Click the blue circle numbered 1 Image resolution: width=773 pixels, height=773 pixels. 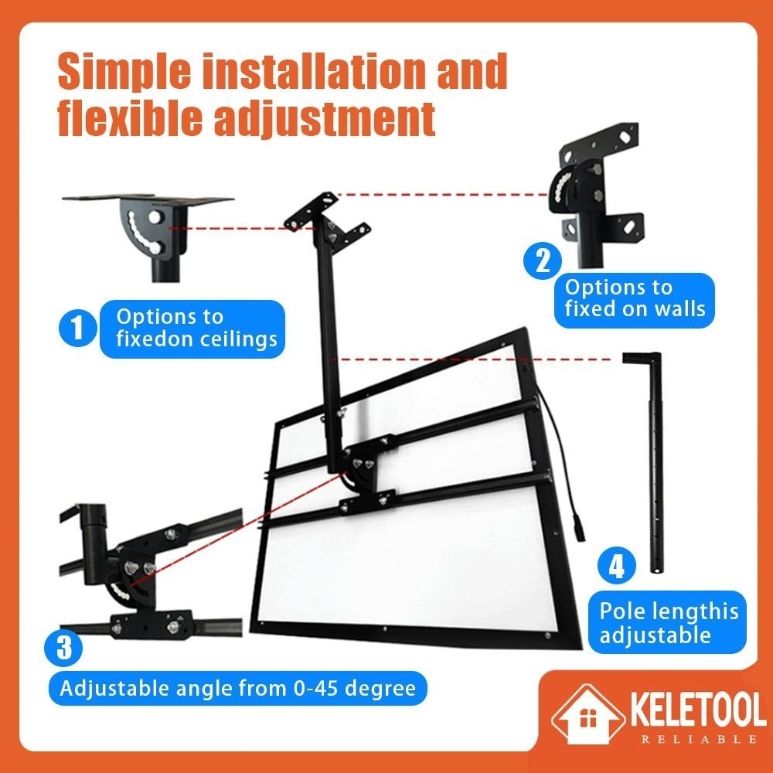click(x=78, y=328)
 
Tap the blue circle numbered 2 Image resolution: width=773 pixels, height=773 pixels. click(x=543, y=261)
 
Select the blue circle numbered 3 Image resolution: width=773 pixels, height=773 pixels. click(x=63, y=648)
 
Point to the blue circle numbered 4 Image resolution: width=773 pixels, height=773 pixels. click(x=617, y=566)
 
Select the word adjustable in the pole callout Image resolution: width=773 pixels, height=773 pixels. click(x=655, y=635)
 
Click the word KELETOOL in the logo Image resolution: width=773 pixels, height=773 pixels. click(x=698, y=710)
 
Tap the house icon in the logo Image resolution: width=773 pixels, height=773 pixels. click(x=587, y=713)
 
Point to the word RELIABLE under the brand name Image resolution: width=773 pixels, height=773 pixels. click(x=699, y=739)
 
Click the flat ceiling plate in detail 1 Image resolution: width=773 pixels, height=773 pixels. click(x=148, y=199)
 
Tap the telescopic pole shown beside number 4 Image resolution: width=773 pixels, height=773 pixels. click(x=654, y=462)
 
